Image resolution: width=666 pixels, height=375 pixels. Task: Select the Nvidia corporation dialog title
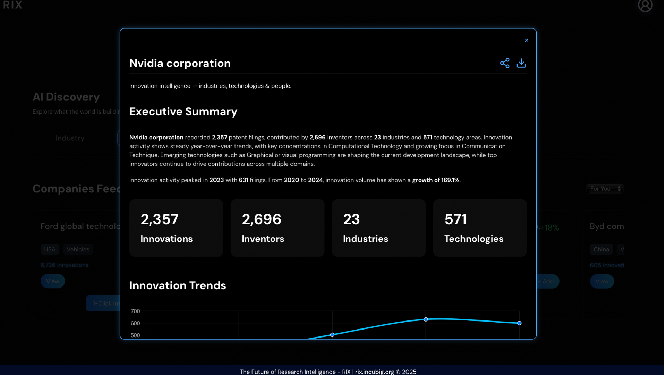[x=180, y=63]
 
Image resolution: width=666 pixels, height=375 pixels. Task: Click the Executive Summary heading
[x=183, y=111]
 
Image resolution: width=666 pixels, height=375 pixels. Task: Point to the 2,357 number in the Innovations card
[x=160, y=219]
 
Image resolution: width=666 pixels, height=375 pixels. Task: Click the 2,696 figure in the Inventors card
[x=262, y=219]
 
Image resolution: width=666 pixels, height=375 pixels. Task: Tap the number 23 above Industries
[x=351, y=219]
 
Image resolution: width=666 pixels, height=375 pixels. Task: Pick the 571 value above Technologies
[x=455, y=219]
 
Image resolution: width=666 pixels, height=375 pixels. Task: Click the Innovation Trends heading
[x=178, y=285]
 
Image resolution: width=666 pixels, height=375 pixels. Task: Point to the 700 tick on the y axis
[x=135, y=311]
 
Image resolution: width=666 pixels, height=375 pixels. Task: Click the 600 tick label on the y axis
[x=135, y=323]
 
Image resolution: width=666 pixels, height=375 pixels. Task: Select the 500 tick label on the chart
[x=135, y=335]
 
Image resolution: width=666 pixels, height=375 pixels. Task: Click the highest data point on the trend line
[x=426, y=319]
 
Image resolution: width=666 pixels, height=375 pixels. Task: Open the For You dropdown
[x=605, y=189]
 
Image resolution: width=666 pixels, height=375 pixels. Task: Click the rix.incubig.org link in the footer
[x=374, y=372]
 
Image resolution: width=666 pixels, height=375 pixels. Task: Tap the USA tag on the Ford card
[x=50, y=249]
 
